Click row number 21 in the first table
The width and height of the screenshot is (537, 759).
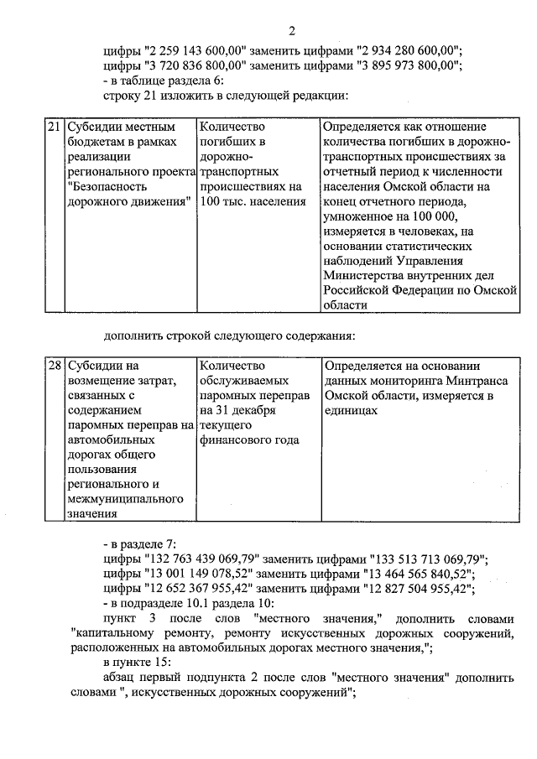tap(52, 127)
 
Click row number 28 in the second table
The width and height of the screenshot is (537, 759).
tap(52, 366)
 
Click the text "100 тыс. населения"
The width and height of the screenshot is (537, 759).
tap(252, 202)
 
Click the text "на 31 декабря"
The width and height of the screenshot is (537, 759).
tap(238, 411)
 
